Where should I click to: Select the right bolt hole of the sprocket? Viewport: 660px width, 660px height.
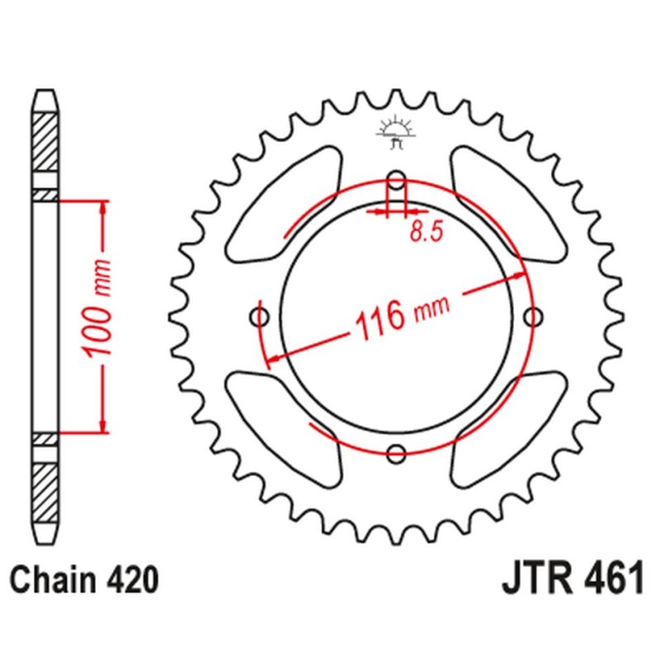click(535, 316)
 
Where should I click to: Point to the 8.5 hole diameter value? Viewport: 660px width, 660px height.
click(425, 233)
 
